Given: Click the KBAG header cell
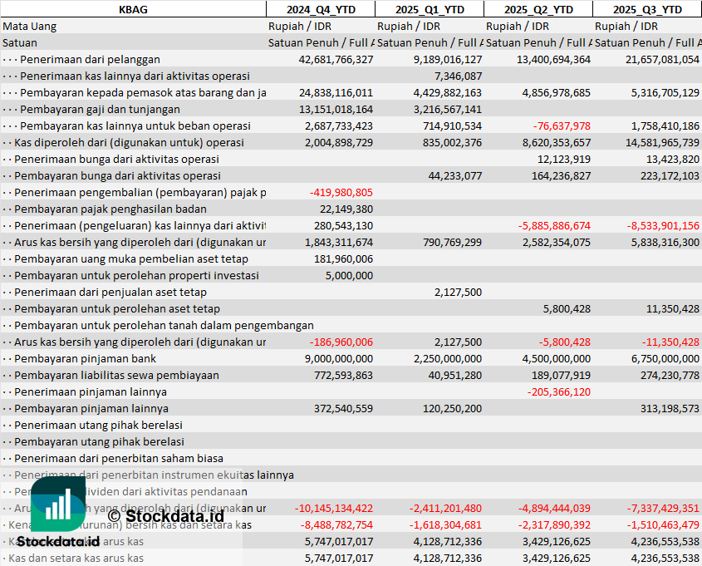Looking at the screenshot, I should tap(133, 9).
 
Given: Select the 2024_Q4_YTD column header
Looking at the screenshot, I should tap(320, 9).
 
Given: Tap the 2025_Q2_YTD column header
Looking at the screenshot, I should tap(538, 9).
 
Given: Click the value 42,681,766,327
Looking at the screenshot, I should tap(336, 59).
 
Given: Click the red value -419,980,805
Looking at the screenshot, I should tap(341, 192).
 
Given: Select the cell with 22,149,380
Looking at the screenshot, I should tap(346, 209).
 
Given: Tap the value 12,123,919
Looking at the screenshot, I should tap(564, 159).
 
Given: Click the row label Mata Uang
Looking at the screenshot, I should tap(30, 26).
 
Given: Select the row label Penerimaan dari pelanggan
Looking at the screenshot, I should tap(90, 59).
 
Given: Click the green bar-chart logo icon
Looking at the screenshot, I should tap(58, 504).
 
